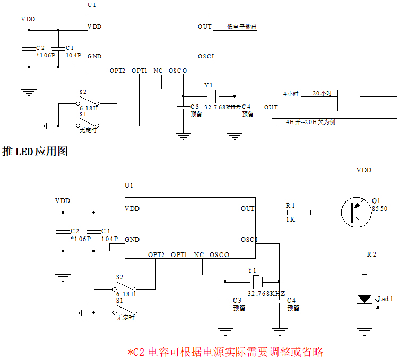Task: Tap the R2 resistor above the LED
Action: [365, 262]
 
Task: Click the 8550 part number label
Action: [380, 209]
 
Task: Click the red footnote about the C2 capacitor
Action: [225, 352]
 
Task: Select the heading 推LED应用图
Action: [35, 152]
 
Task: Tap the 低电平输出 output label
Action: [242, 27]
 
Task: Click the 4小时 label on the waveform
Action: [292, 93]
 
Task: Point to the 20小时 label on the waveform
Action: [322, 93]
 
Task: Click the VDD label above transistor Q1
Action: [364, 170]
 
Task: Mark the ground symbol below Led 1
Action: [365, 331]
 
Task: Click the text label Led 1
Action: [385, 299]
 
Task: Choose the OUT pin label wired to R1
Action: [248, 209]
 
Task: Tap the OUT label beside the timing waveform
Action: [271, 107]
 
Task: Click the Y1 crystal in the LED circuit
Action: [255, 281]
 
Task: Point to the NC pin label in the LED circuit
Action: [199, 255]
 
